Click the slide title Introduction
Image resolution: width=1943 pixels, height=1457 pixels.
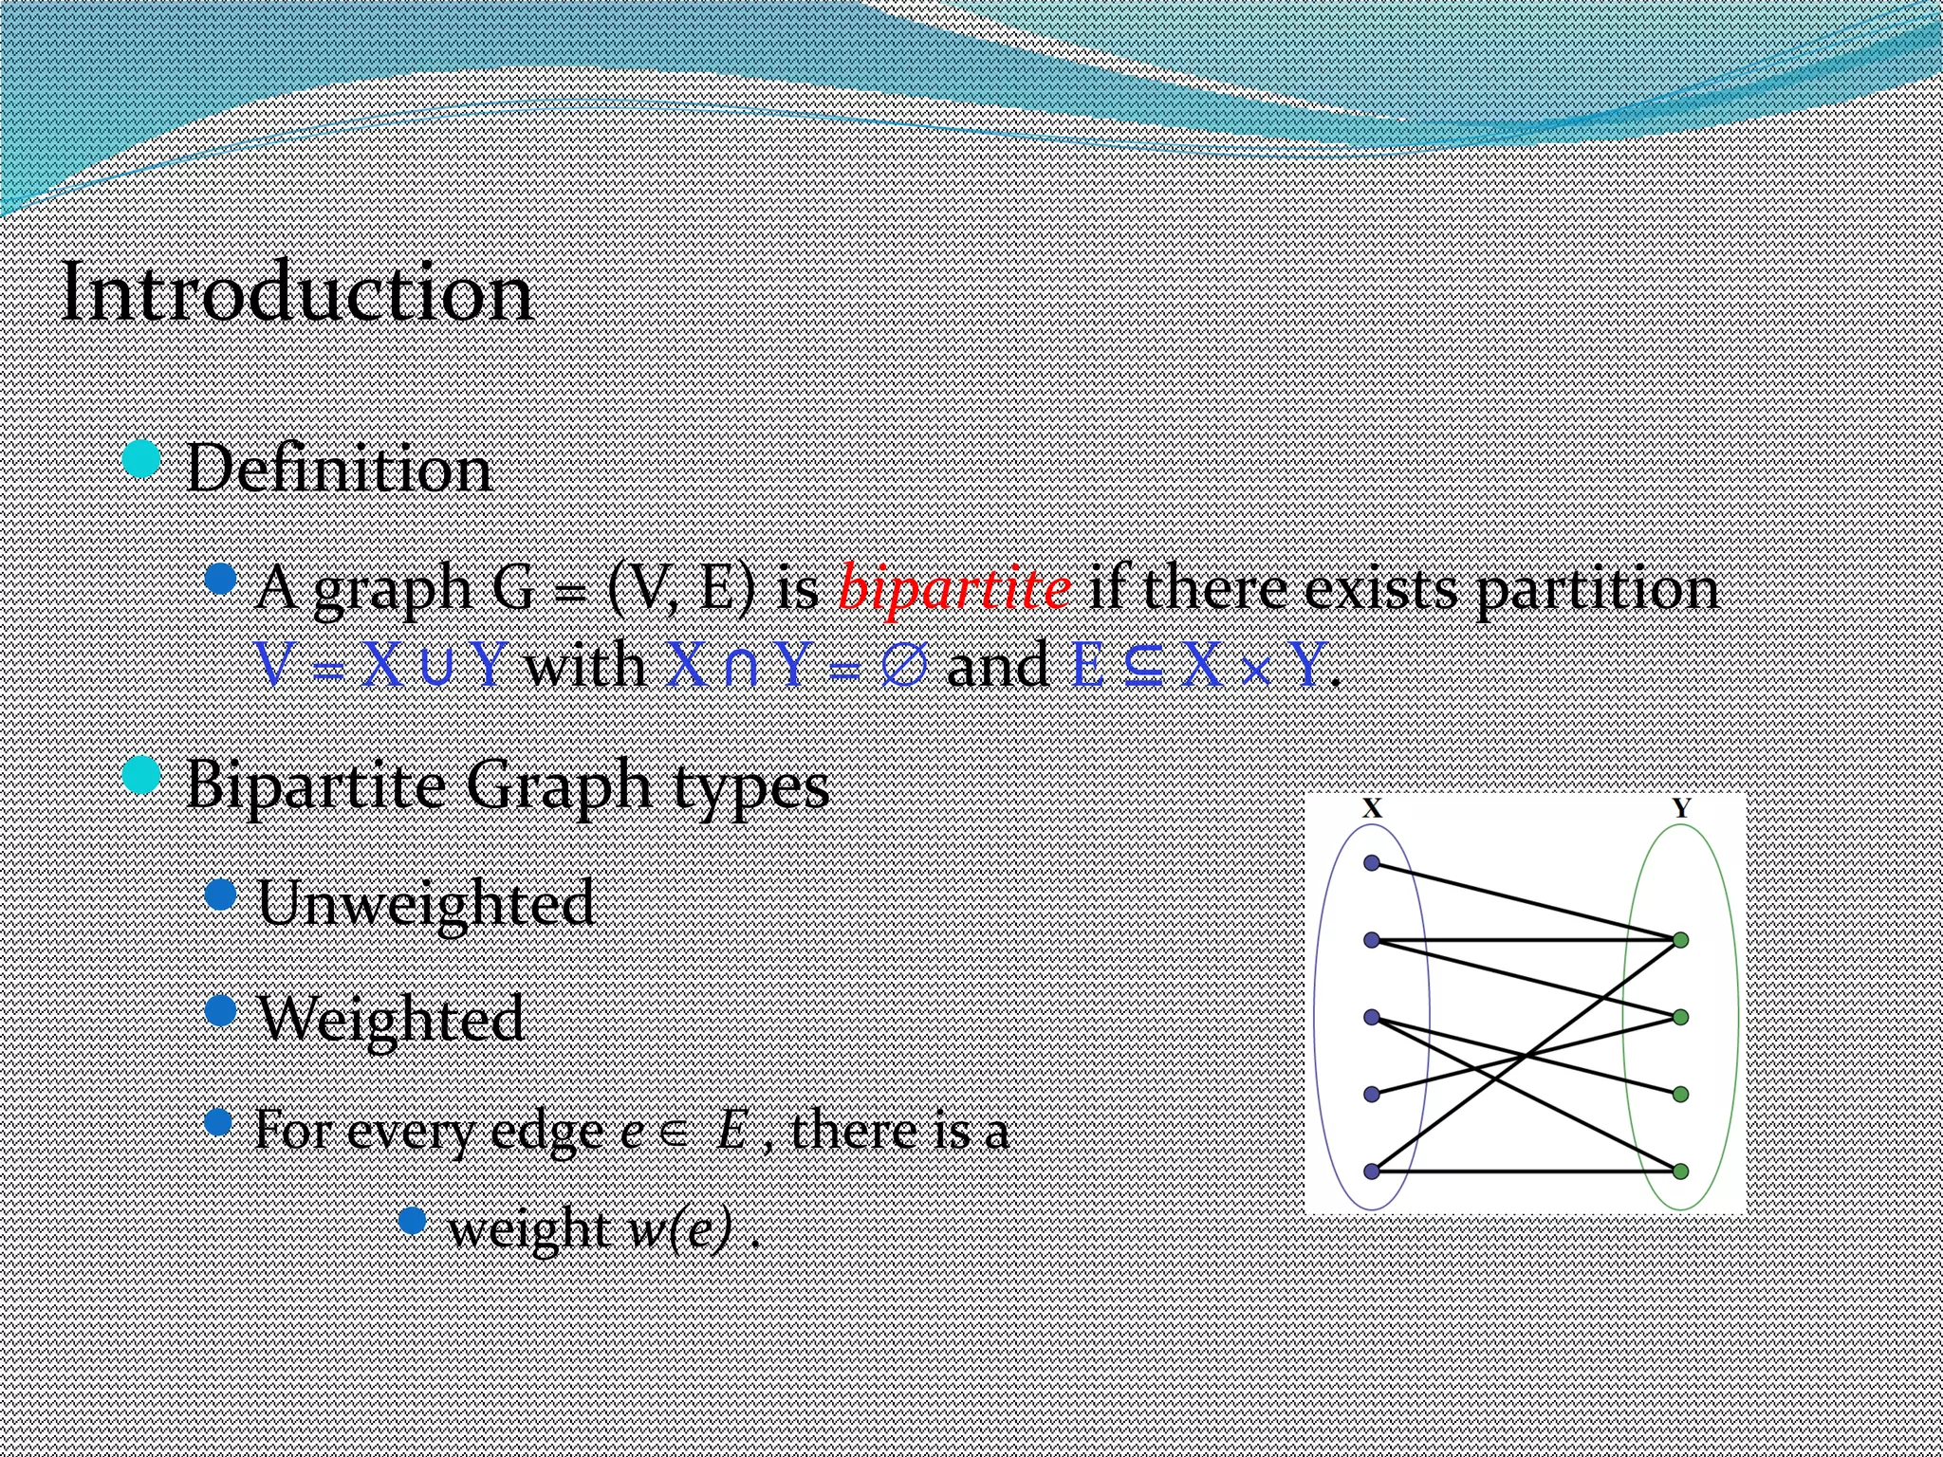coord(297,294)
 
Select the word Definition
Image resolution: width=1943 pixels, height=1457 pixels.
coord(339,469)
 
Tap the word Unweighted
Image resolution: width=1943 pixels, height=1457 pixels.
coord(426,902)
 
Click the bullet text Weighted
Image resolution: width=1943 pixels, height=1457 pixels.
coord(391,1018)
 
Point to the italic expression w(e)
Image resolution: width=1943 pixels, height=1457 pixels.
coord(681,1229)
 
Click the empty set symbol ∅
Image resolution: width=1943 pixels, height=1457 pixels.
coord(903,666)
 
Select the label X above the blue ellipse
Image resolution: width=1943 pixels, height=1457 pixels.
coord(1372,809)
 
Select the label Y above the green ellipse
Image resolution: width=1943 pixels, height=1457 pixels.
coord(1681,809)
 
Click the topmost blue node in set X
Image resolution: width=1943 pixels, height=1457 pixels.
coord(1372,862)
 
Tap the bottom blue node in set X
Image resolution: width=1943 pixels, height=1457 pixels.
coord(1372,1171)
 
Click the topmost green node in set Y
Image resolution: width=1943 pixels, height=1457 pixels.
coord(1680,940)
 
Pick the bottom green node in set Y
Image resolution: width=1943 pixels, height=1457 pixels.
coord(1680,1171)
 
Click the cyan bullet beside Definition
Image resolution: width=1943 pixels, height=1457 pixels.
coord(142,460)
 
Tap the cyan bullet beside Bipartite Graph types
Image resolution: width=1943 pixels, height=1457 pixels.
coord(142,775)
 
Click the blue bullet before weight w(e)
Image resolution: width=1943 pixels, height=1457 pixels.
coord(412,1220)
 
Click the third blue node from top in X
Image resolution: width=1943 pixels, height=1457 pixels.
coord(1372,1017)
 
